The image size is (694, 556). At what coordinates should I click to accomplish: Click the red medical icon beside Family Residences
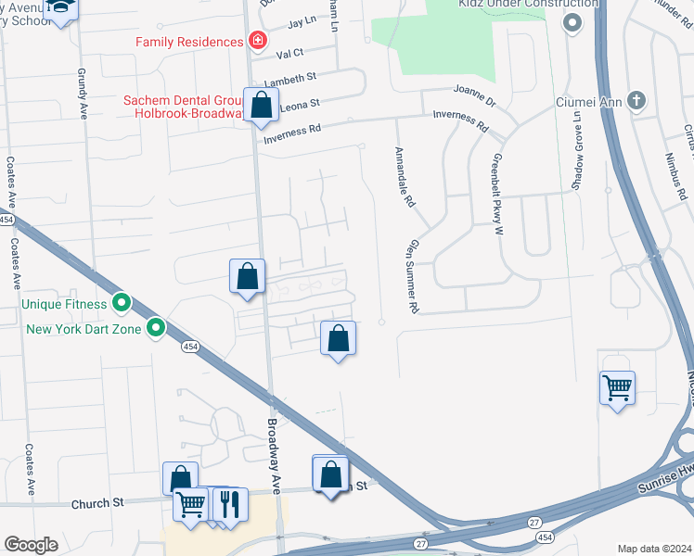(x=256, y=42)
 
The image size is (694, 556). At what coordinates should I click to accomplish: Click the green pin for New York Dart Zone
(x=156, y=327)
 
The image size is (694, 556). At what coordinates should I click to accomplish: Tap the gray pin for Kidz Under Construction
(x=572, y=20)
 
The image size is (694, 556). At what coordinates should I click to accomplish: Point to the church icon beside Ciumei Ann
(x=636, y=100)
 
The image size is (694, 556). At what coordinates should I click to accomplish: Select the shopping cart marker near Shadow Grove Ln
(x=617, y=387)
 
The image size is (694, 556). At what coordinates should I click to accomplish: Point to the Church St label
(x=96, y=504)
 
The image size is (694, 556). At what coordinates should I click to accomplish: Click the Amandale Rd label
(x=404, y=170)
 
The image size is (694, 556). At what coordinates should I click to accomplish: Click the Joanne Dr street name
(x=475, y=94)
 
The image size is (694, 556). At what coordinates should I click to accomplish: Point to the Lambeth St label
(x=290, y=80)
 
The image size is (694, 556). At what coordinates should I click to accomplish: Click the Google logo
(x=31, y=545)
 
